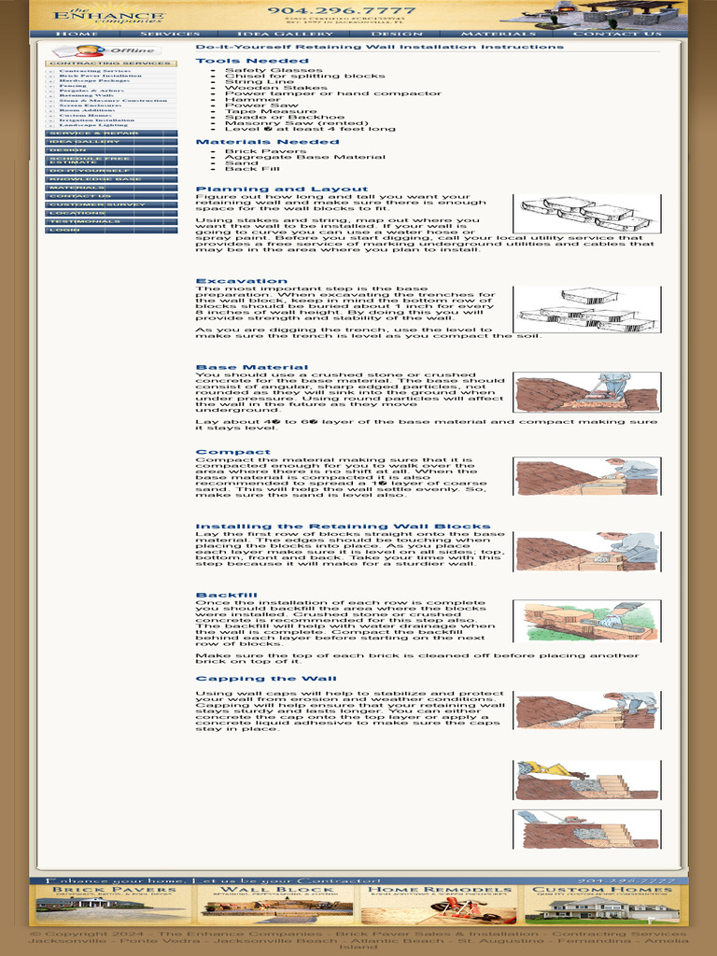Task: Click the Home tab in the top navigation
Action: tap(77, 34)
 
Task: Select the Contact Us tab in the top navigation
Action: tap(617, 34)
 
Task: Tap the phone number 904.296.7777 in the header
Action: tap(341, 11)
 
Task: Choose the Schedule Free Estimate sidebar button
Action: tap(111, 161)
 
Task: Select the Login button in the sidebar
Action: tap(111, 230)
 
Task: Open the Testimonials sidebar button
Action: tap(111, 221)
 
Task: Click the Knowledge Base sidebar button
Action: tap(111, 179)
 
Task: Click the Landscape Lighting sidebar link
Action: tap(93, 125)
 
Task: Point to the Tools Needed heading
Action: tap(239, 61)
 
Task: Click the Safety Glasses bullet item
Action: tap(260, 70)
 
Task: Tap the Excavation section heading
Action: tap(241, 281)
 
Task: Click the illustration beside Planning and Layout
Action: tap(586, 214)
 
